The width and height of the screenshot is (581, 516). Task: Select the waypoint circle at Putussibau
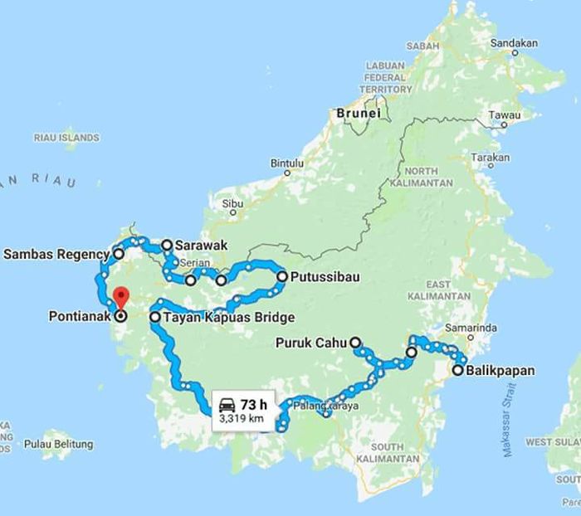point(282,276)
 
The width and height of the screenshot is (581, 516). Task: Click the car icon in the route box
point(226,405)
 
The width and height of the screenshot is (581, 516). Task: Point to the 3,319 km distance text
point(242,420)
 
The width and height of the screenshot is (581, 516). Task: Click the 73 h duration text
point(253,405)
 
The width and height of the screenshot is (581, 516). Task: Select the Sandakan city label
point(514,43)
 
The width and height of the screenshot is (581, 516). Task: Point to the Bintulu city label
point(288,163)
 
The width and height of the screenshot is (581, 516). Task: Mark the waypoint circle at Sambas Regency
point(118,254)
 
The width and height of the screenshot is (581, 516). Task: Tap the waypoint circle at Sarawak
point(166,245)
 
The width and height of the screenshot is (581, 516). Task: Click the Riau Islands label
point(66,137)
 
